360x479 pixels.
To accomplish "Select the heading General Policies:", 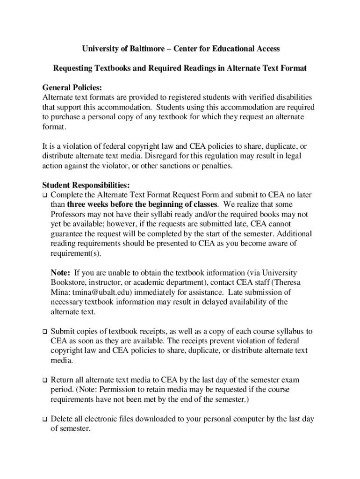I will pos(72,87).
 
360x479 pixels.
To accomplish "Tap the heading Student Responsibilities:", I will pos(86,185).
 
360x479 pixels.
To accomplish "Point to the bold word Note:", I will pos(61,272).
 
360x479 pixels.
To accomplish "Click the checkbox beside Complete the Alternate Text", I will pos(45,195).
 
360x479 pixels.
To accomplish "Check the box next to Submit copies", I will pos(45,332).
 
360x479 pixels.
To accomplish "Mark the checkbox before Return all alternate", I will pos(45,380).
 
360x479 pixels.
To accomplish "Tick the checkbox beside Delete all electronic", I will pos(45,419).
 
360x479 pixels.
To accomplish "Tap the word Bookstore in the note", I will pos(67,282).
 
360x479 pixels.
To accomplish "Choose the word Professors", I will pos(68,214).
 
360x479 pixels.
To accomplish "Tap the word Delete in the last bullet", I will pos(61,419).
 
